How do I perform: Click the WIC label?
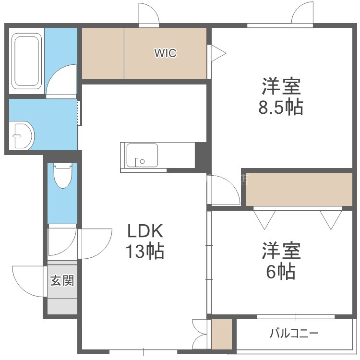pos(165,53)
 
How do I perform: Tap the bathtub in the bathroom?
pos(26,61)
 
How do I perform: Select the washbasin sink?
pos(22,136)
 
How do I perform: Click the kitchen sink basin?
pos(142,155)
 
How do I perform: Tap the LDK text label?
pos(145,231)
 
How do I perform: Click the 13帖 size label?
pos(145,251)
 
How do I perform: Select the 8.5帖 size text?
pos(281,107)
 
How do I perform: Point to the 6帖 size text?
pos(281,271)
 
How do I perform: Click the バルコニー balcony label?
pos(294,333)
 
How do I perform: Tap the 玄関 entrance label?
pos(62,280)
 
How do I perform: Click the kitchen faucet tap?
pos(137,162)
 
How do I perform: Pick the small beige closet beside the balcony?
pos(222,334)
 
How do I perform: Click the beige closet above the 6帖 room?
pos(299,189)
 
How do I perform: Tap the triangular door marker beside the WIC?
pos(218,53)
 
